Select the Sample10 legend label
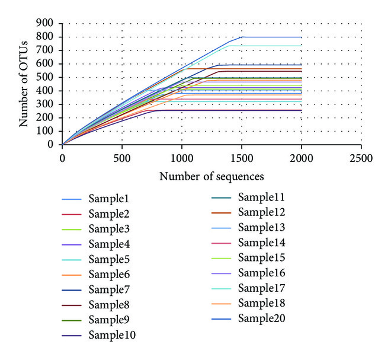[x=112, y=335]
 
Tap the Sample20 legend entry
[x=261, y=318]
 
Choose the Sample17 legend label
[x=261, y=288]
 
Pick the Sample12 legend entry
[x=261, y=212]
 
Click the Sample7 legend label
[x=110, y=289]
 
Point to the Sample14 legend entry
[x=261, y=242]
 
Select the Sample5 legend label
[x=110, y=259]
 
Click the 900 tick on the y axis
[x=46, y=23]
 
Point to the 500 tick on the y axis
[x=46, y=77]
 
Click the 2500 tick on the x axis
[x=361, y=158]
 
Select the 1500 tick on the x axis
[x=241, y=158]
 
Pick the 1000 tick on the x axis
[x=181, y=158]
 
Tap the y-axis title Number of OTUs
[x=24, y=83]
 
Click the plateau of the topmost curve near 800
[x=273, y=37]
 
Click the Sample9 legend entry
[x=110, y=320]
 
